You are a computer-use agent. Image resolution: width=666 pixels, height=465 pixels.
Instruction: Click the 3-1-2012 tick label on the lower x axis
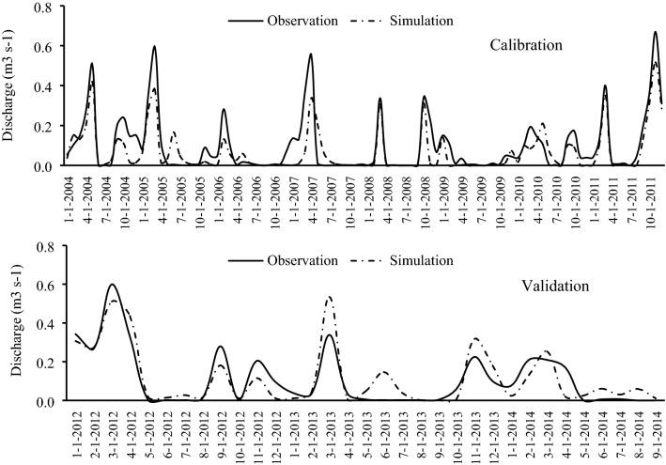113,432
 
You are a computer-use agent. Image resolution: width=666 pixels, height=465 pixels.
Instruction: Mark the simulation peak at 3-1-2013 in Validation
330,298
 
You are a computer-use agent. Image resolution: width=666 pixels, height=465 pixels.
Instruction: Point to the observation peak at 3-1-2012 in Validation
113,284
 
